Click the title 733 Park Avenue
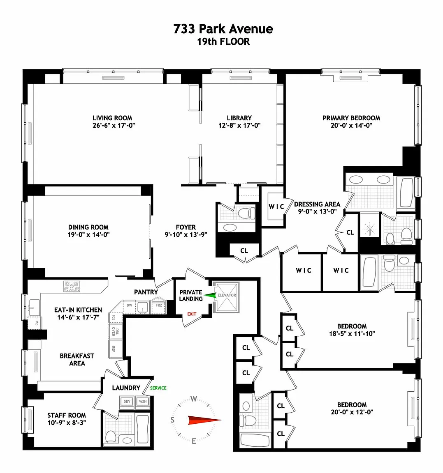(223, 29)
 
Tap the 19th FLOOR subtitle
(223, 41)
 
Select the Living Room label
(112, 118)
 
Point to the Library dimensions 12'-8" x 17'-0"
(239, 126)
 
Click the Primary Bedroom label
(351, 118)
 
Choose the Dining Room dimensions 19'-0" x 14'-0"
(88, 234)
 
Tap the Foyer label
(186, 227)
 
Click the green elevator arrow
(210, 296)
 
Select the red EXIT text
(192, 314)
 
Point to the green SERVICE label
(158, 388)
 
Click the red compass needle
(204, 420)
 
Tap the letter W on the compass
(194, 399)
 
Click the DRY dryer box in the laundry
(127, 402)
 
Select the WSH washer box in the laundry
(143, 402)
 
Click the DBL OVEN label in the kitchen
(115, 331)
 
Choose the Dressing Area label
(317, 204)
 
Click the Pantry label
(146, 292)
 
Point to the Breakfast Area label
(77, 360)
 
